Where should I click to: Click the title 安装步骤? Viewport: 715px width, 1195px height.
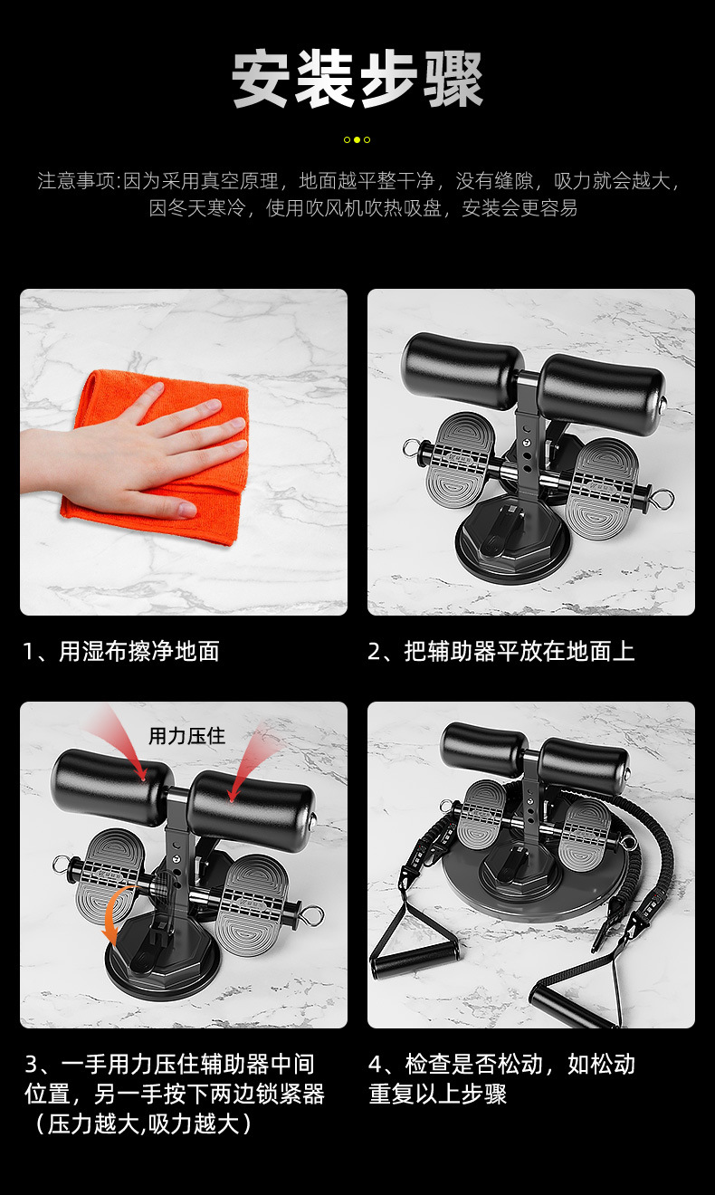click(x=357, y=80)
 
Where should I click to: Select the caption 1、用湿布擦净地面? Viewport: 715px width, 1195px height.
click(x=121, y=651)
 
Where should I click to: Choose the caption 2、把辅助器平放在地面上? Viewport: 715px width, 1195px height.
click(x=500, y=651)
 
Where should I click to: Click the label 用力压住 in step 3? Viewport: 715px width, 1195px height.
click(x=187, y=735)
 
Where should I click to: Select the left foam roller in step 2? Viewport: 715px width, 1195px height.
click(x=462, y=369)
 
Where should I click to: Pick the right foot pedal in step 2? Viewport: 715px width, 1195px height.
click(x=603, y=489)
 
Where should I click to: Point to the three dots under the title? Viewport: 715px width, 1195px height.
click(x=357, y=139)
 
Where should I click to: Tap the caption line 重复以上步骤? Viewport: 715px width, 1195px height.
click(x=437, y=1094)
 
